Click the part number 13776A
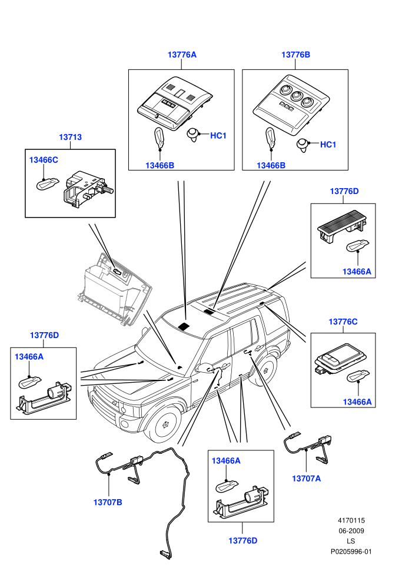coord(182,55)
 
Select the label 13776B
coord(295,55)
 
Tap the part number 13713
coord(70,137)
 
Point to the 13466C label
coord(44,160)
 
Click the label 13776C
coord(343,322)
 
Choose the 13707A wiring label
coord(307,479)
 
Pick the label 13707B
coord(108,502)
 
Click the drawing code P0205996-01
coord(351,551)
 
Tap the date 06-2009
coord(351,531)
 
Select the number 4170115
coord(351,520)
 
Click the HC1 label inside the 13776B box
coord(328,145)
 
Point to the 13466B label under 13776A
coord(160,165)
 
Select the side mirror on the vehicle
coord(205,368)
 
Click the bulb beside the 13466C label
coord(47,183)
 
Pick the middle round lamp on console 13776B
coord(297,96)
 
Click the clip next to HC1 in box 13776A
coord(193,134)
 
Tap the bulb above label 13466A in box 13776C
coord(358,376)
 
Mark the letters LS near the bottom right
coord(351,541)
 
